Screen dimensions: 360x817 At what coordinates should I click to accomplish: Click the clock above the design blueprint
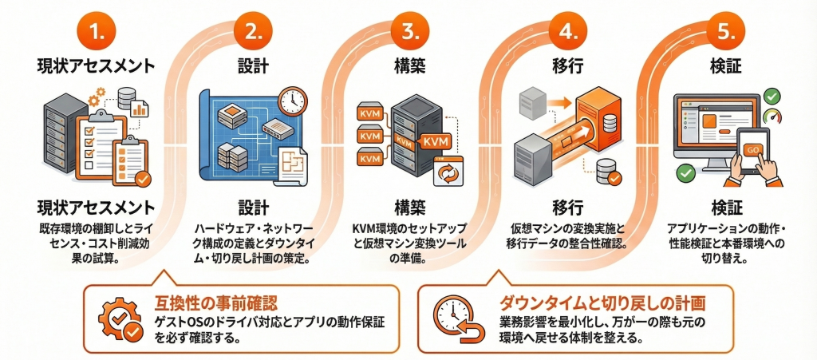coord(294,101)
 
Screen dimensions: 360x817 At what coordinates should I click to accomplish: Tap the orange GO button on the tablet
coord(752,150)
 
